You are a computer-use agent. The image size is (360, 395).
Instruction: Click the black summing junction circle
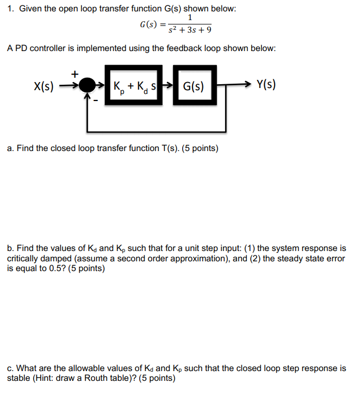point(86,85)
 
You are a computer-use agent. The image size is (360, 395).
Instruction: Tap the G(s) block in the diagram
point(194,85)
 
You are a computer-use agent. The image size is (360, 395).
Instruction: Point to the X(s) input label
point(44,85)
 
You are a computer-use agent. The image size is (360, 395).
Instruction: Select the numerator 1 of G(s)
point(189,18)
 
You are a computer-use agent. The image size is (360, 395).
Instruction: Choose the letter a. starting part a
point(11,148)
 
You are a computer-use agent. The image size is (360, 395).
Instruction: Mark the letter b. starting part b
point(11,248)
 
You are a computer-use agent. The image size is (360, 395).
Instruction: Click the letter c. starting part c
point(11,368)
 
